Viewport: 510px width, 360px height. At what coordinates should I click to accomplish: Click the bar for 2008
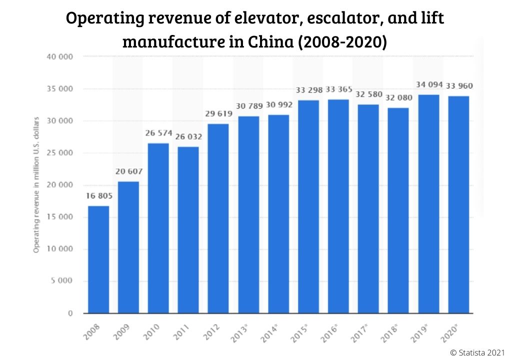pos(98,259)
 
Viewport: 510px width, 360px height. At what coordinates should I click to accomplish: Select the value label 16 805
pos(98,195)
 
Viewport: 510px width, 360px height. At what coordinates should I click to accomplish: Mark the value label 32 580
pos(368,94)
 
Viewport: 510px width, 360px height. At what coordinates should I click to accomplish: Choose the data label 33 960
pos(458,85)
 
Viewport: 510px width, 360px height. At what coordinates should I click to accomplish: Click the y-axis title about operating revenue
pos(36,185)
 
